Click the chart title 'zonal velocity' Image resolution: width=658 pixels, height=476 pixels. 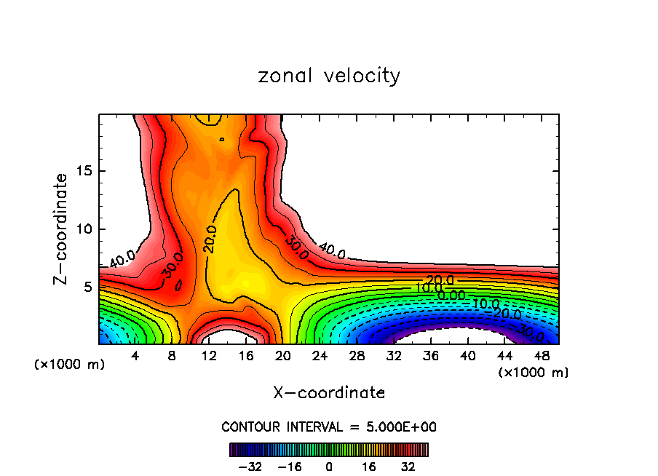point(329,76)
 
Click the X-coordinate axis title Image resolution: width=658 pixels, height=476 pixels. point(329,393)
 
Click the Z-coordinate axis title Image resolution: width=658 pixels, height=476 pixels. point(61,229)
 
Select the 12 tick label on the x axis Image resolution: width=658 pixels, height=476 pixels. point(209,356)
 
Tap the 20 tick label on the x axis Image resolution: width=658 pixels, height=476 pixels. point(283,356)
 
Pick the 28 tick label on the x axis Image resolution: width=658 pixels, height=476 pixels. point(357,356)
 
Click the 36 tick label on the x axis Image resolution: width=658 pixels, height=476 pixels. point(430,356)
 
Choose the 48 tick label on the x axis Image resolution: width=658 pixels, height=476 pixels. point(541,356)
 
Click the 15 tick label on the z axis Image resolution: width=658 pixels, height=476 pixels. point(85,171)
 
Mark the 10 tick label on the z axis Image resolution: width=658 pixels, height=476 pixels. point(85,229)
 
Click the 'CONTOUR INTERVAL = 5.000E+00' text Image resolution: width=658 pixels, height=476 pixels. point(329,427)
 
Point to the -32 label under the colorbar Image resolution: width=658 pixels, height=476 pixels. point(249,466)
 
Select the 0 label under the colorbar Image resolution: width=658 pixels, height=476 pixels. point(329,466)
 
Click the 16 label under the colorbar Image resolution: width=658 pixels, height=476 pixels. point(368,466)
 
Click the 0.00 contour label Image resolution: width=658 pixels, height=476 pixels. point(451,295)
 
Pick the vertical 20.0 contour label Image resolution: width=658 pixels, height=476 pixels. point(210,239)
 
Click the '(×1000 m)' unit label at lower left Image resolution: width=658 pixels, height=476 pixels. point(70,365)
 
